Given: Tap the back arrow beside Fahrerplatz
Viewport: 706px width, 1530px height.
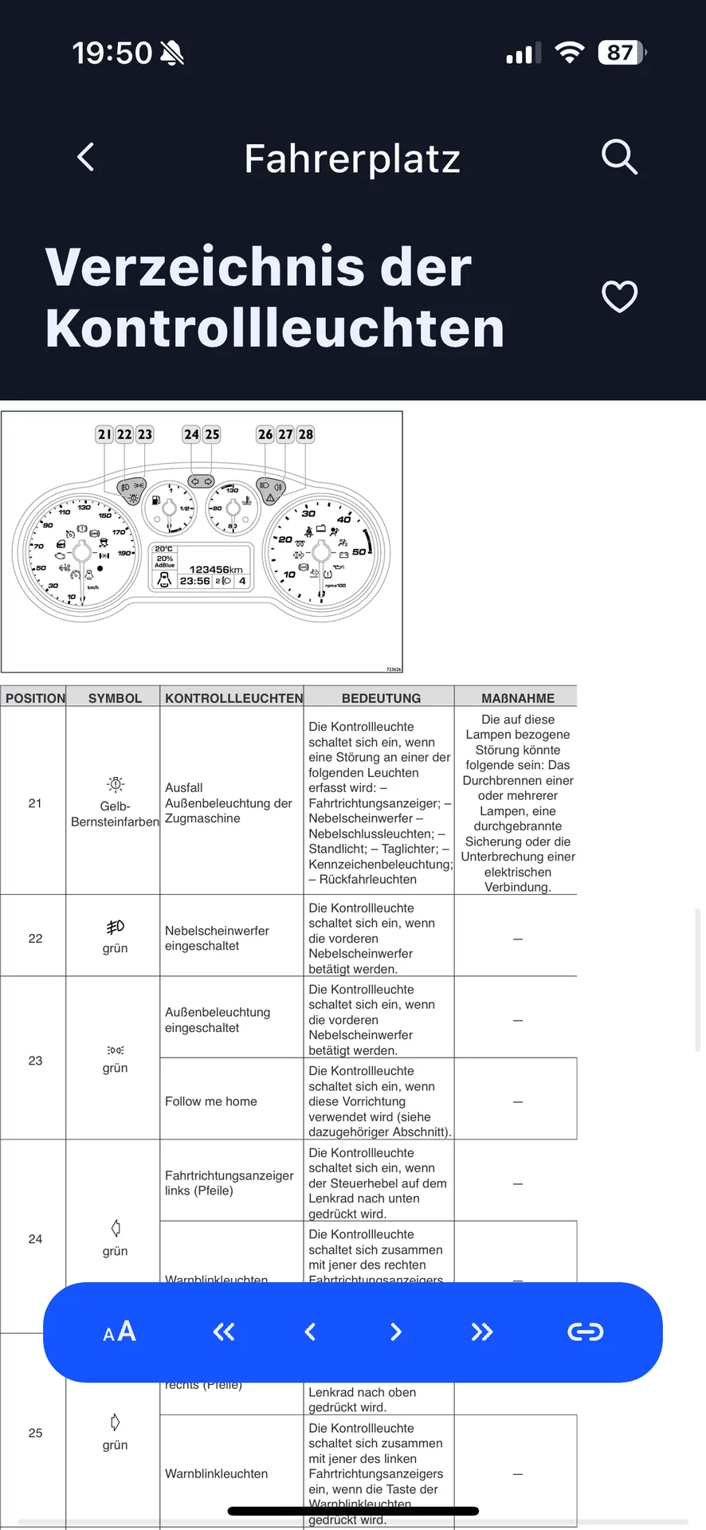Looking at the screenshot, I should (x=86, y=157).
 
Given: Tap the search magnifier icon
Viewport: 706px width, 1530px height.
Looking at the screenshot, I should (x=619, y=157).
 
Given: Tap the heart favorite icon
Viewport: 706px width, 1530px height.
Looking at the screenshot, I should (x=619, y=296).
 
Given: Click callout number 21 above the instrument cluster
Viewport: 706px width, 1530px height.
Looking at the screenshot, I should (x=104, y=434).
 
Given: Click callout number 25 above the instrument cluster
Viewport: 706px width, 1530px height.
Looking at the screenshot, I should (x=212, y=434).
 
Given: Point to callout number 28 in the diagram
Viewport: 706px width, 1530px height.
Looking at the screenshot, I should (x=306, y=434).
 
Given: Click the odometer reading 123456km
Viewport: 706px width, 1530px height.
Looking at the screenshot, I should (x=215, y=569).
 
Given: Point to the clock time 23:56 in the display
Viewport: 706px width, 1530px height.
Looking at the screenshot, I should (x=194, y=581).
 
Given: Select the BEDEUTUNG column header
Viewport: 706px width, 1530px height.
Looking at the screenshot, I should (x=381, y=698).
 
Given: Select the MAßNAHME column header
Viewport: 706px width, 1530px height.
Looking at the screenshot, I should (x=517, y=698).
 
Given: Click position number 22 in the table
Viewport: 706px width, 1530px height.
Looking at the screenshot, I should (x=35, y=938).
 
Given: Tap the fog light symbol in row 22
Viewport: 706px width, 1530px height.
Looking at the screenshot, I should (x=116, y=927).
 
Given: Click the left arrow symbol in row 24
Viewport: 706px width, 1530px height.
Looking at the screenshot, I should (x=116, y=1227).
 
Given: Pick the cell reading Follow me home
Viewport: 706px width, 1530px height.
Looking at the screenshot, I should (x=211, y=1101).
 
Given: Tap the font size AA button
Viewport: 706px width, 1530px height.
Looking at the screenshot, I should (x=120, y=1332).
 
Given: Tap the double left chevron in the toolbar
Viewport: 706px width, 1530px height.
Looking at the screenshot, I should (x=224, y=1332).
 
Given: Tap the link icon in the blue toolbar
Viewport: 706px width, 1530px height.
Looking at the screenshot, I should (x=585, y=1332).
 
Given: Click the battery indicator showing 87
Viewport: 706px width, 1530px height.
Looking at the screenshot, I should (x=621, y=53).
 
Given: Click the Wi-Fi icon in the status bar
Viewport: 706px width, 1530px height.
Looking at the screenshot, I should (x=569, y=53).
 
